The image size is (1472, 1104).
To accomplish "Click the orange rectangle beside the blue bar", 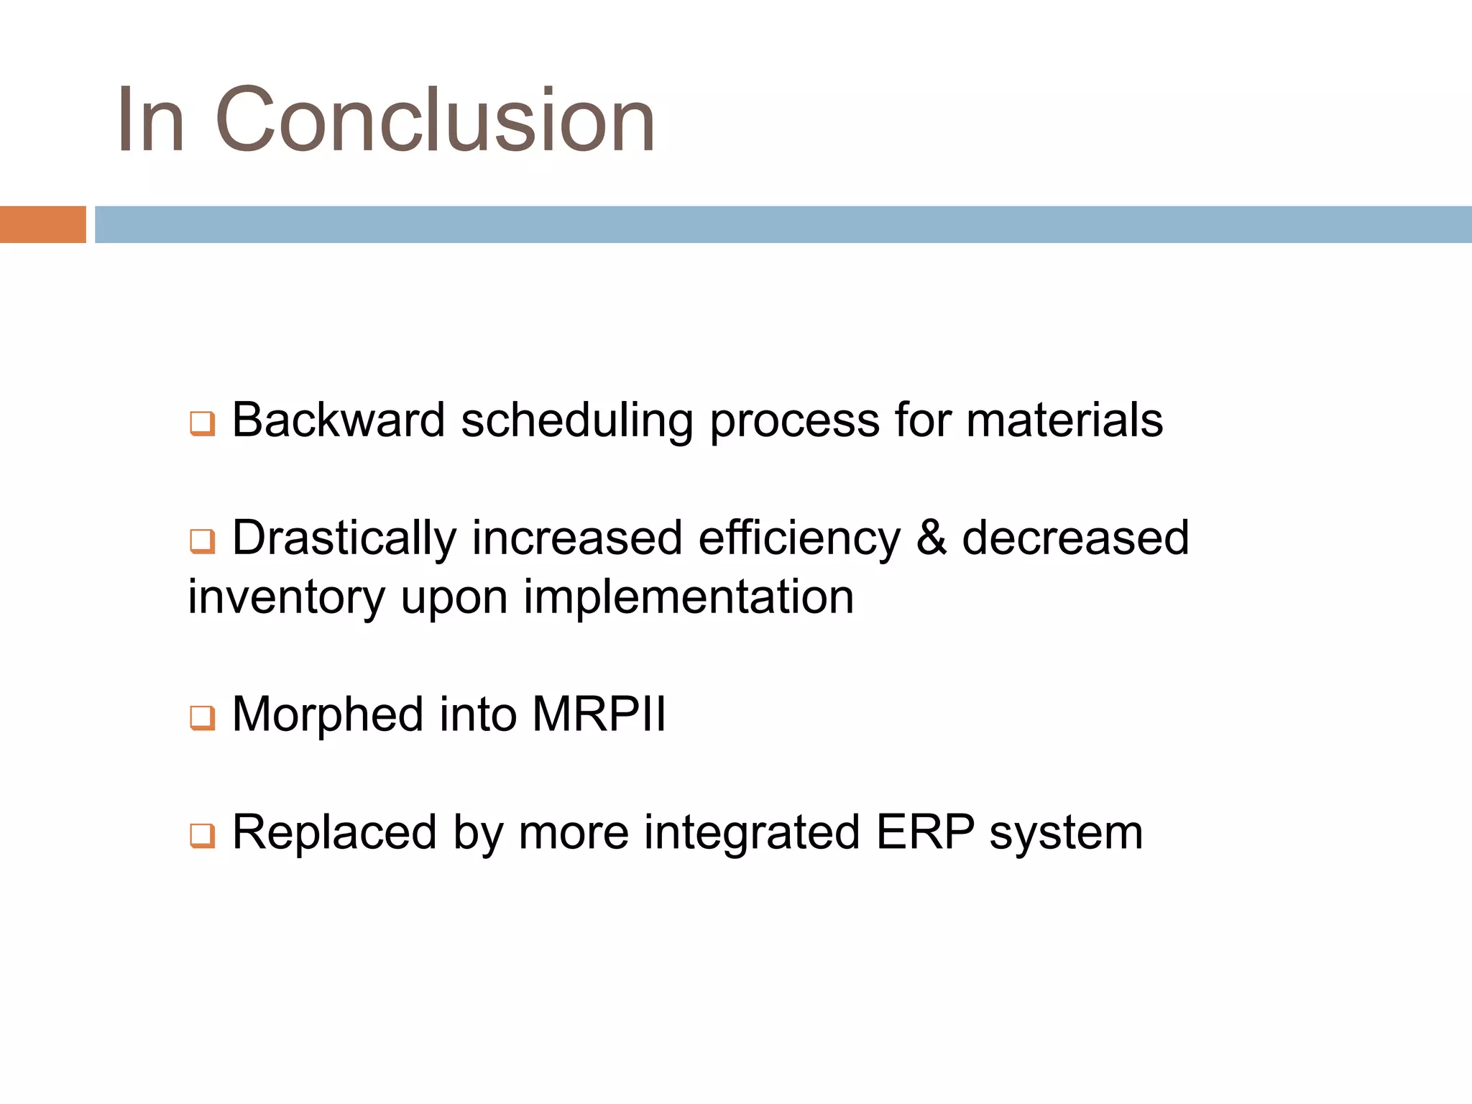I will pyautogui.click(x=42, y=224).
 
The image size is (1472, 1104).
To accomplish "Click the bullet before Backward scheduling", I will pyautogui.click(x=202, y=423).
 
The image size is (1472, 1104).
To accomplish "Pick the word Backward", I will pyautogui.click(x=338, y=420).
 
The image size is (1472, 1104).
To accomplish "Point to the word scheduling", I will pyautogui.click(x=576, y=421).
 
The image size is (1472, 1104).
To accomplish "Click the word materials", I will pyautogui.click(x=1064, y=420).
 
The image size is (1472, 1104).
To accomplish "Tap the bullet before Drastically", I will pyautogui.click(x=202, y=541).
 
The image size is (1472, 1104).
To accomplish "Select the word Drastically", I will pyautogui.click(x=344, y=538).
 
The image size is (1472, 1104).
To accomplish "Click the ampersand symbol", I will pyautogui.click(x=931, y=538).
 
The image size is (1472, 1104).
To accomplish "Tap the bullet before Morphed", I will pyautogui.click(x=202, y=718).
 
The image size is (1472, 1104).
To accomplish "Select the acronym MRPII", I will pyautogui.click(x=599, y=714).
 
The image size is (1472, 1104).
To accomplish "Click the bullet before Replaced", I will pyautogui.click(x=202, y=836).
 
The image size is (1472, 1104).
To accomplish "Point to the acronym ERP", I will pyautogui.click(x=924, y=832).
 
